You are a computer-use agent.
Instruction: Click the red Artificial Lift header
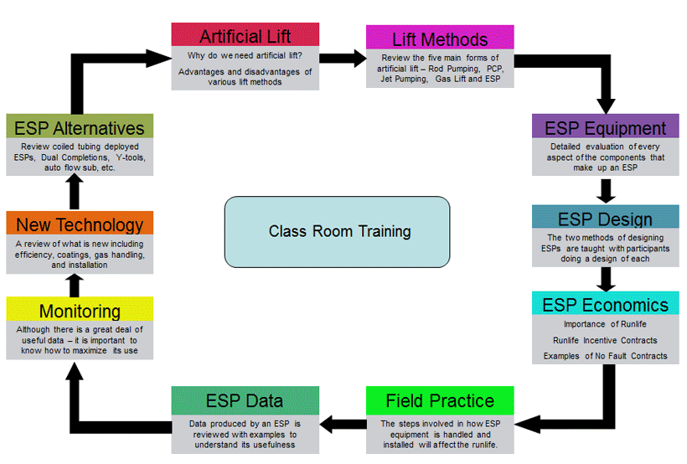coord(245,35)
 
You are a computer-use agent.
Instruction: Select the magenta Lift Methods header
coord(440,38)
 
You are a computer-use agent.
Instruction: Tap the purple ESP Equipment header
coord(606,127)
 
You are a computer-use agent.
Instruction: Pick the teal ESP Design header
coord(606,218)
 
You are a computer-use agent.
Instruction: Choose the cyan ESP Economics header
coord(606,303)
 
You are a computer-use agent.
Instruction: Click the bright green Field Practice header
coord(440,400)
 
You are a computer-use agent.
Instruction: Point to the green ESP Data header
coord(245,400)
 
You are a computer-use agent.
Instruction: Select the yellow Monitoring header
coord(80,310)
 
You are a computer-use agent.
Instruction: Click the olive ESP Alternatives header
coord(80,126)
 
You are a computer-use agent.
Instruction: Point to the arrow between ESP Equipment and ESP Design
coord(607,190)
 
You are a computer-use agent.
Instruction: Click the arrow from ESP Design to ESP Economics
coord(607,278)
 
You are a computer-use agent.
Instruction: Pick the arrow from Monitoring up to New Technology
coord(75,285)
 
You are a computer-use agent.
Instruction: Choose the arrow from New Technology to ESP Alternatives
coord(75,194)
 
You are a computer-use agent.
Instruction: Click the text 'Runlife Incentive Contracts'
coord(605,340)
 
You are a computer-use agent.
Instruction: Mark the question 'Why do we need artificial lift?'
coord(245,56)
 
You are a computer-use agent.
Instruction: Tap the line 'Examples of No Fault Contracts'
coord(605,356)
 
